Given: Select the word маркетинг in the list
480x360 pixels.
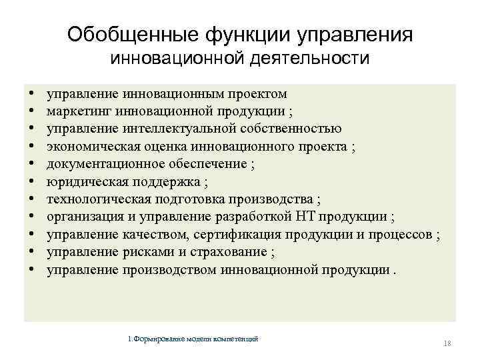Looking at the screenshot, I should click(x=77, y=111).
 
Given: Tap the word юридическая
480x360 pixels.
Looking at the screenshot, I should click(x=81, y=182).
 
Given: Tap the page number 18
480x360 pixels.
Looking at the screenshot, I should click(x=447, y=343).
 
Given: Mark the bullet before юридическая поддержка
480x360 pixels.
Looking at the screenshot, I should click(x=32, y=182).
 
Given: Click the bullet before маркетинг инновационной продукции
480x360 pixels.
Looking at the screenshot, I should click(x=32, y=111).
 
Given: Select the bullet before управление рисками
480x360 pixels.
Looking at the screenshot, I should click(x=32, y=253).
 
